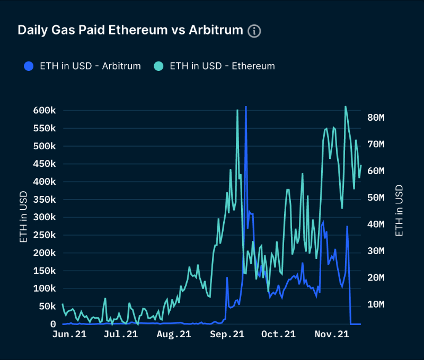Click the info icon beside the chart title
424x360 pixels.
[254, 30]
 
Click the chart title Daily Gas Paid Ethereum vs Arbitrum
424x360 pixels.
[130, 30]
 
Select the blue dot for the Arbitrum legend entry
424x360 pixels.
[29, 66]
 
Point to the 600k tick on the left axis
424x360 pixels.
[45, 111]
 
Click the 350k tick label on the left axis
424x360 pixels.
[45, 200]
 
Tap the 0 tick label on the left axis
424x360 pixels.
[53, 324]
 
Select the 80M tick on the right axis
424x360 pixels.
[379, 118]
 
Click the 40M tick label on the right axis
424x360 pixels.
[379, 224]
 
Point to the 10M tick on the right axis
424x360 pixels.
[379, 304]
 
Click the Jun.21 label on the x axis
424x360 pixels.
[70, 335]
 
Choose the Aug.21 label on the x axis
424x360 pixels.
[174, 335]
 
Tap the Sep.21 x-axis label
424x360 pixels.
[227, 335]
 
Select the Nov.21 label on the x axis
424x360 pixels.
[332, 335]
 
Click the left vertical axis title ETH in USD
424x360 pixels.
[23, 218]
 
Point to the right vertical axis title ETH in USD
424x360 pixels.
[400, 210]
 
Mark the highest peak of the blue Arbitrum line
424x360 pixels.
[245, 107]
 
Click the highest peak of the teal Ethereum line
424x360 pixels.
[346, 106]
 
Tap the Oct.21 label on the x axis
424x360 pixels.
[279, 335]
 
